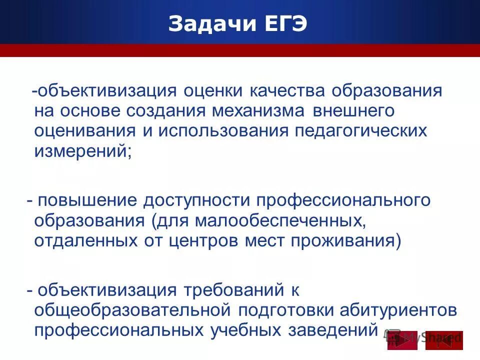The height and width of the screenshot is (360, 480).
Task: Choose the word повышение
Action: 87,200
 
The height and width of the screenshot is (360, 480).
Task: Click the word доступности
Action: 196,200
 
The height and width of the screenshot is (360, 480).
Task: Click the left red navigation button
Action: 402,340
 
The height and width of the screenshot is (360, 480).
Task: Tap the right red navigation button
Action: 444,340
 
